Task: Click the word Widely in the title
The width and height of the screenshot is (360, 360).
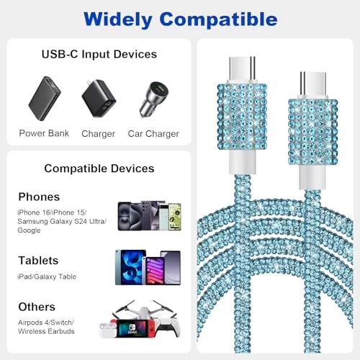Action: (118, 19)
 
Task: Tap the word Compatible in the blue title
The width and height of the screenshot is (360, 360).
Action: (218, 19)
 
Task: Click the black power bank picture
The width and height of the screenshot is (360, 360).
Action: (45, 99)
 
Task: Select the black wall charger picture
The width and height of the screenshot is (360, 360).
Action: (99, 99)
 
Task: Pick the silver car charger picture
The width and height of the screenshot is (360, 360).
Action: (154, 99)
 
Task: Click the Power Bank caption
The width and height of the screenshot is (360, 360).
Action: (44, 133)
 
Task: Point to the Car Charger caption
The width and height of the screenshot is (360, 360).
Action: (153, 134)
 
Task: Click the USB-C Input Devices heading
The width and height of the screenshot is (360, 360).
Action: (99, 54)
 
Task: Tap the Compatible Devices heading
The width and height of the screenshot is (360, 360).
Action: (99, 168)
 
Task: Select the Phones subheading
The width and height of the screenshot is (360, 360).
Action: (39, 197)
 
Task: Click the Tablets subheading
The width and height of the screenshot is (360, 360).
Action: (38, 261)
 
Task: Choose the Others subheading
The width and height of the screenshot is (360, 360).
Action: (37, 307)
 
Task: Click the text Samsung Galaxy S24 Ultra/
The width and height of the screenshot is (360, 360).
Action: (62, 221)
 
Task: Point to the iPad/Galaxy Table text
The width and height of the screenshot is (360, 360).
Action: (47, 276)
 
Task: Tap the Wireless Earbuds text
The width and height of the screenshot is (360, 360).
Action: (46, 331)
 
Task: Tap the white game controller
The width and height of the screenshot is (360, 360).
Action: (167, 327)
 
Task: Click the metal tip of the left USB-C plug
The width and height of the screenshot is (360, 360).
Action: (242, 69)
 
